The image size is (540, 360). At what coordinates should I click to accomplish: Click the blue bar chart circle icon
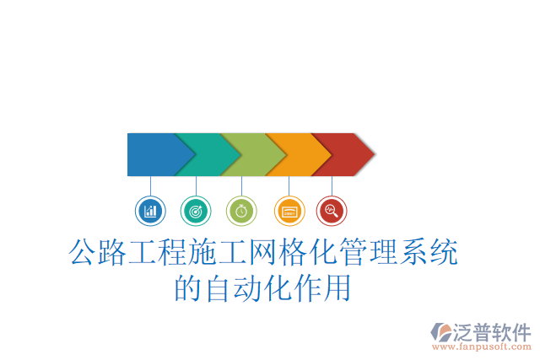[x=150, y=210]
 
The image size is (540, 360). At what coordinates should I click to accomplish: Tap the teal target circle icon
[x=196, y=210]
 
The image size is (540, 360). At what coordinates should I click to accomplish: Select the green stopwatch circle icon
[x=241, y=210]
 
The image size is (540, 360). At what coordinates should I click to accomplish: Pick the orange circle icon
[x=289, y=210]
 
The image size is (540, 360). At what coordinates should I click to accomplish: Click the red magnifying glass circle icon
[x=332, y=210]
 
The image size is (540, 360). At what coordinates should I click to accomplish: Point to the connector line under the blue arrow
[x=150, y=185]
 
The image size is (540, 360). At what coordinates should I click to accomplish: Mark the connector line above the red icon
[x=332, y=185]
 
